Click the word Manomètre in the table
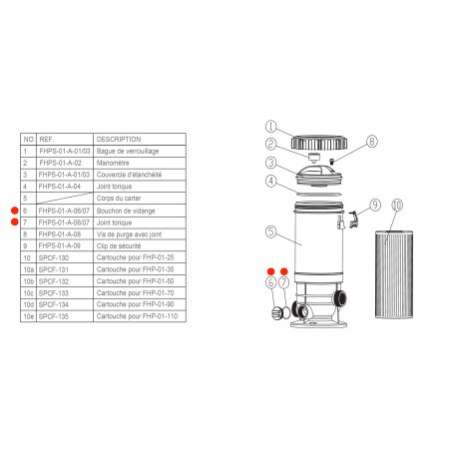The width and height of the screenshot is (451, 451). pyautogui.click(x=116, y=161)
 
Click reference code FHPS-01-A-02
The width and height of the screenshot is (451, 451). pyautogui.click(x=58, y=161)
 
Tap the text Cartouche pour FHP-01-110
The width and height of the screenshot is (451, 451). pyautogui.click(x=139, y=315)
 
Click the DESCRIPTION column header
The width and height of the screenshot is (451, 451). pyautogui.click(x=121, y=139)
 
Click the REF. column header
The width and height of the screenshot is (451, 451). pyautogui.click(x=47, y=139)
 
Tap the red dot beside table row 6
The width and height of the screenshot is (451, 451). pyautogui.click(x=14, y=209)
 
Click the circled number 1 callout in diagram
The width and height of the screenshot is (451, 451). pyautogui.click(x=269, y=126)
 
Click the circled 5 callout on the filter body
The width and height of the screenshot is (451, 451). pyautogui.click(x=269, y=231)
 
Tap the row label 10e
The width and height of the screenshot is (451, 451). pyautogui.click(x=28, y=315)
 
